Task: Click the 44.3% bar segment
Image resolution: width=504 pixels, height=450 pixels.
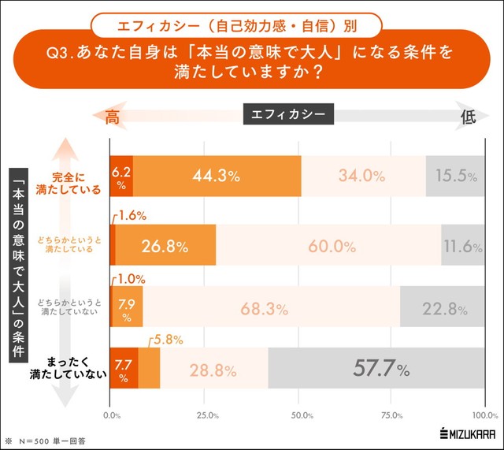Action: coord(217,177)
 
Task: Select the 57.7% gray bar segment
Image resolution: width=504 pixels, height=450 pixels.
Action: coord(376,368)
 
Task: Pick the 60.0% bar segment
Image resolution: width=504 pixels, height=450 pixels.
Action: coord(328,245)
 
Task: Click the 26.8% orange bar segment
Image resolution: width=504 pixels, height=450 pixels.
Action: coord(165,245)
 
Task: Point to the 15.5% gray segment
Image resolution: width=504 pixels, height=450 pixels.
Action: coord(455,177)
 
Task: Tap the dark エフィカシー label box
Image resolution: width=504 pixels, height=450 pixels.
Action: coord(289,115)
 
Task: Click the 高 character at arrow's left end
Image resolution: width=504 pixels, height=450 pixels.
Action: coord(112,117)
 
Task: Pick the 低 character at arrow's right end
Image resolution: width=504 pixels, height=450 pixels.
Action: coord(468,117)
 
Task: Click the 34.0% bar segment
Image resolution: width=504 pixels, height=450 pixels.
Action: coord(363,177)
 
